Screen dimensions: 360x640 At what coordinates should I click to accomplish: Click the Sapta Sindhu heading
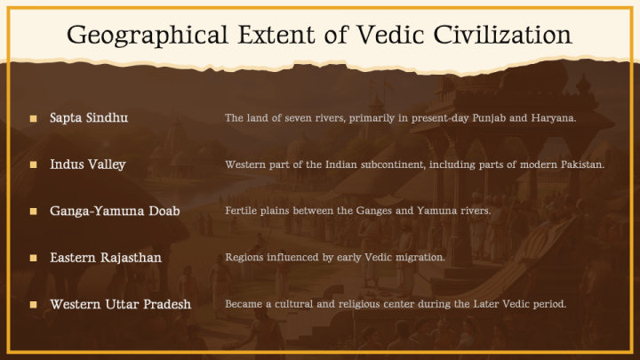coord(90,118)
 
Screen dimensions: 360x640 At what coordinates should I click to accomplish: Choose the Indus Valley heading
coord(88,164)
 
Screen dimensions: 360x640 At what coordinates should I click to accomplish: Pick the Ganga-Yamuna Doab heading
coord(116,211)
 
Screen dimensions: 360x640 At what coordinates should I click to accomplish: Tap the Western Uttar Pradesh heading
coord(121,304)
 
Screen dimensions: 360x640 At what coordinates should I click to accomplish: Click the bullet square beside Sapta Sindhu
coord(33,118)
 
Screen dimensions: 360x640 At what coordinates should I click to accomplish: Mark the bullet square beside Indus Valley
coord(33,165)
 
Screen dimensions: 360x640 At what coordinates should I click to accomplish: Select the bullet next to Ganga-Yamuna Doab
coord(33,212)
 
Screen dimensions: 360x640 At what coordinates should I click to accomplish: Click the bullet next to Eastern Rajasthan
coord(33,258)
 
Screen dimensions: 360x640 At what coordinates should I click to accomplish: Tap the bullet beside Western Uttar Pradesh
coord(33,304)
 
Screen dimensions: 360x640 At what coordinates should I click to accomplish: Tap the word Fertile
coord(242,211)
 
